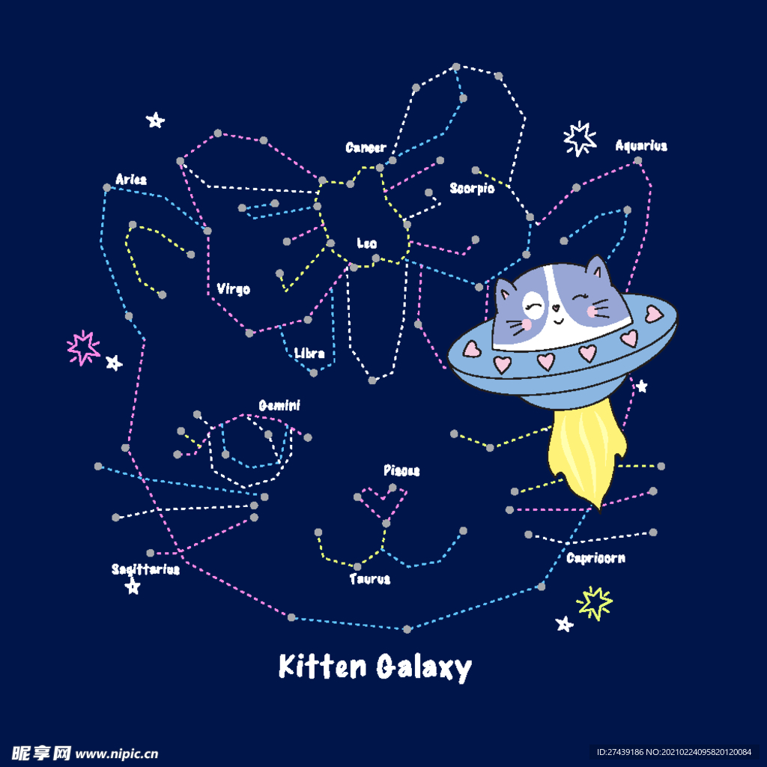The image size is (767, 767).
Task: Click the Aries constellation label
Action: tap(131, 180)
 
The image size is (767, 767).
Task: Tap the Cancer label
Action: tap(366, 148)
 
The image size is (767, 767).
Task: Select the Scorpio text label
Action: tap(472, 188)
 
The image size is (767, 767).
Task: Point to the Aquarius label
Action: tap(641, 145)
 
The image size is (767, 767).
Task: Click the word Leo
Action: tap(367, 243)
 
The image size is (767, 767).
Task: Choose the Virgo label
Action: tap(234, 289)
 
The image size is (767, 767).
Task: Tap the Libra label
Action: tap(309, 354)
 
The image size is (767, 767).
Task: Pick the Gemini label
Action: tap(279, 405)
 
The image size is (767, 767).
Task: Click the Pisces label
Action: tap(401, 470)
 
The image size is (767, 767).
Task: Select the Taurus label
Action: tap(370, 579)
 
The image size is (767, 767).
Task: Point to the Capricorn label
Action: tap(595, 558)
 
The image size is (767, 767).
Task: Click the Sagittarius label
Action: tap(146, 569)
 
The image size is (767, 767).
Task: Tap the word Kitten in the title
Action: tap(322, 666)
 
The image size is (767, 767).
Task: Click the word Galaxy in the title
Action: tap(424, 667)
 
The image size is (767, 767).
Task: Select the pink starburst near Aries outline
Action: tap(83, 348)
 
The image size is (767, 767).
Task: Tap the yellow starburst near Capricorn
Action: tap(594, 603)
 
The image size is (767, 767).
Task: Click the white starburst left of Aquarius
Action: tap(580, 139)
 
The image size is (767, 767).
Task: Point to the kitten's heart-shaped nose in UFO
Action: tap(556, 308)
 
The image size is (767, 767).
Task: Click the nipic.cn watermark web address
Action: tap(116, 754)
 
